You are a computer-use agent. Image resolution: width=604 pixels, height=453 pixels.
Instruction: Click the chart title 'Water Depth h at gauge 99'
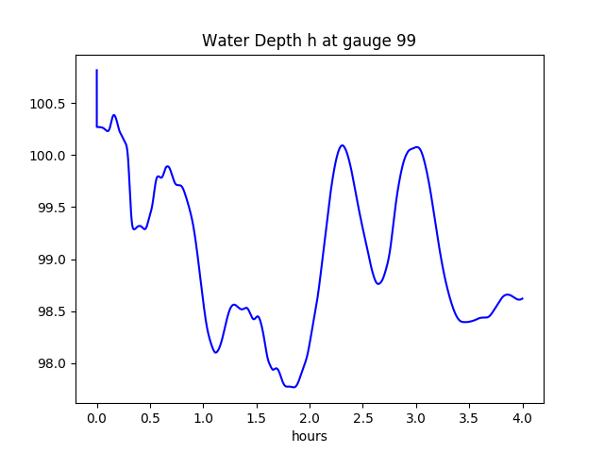coord(309,41)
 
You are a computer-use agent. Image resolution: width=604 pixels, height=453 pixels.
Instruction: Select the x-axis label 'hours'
coord(309,436)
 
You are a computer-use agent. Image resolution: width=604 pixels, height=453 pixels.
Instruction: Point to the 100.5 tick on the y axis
coord(47,103)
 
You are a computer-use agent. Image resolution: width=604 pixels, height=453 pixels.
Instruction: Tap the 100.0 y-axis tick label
coord(47,155)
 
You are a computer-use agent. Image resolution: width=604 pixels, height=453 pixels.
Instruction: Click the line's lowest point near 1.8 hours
coord(294,387)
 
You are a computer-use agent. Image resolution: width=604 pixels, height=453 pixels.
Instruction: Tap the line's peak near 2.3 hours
coord(342,145)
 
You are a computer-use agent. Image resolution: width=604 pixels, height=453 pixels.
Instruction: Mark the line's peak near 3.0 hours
coord(415,147)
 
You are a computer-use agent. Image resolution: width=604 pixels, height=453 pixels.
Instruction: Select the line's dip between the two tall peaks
coord(378,283)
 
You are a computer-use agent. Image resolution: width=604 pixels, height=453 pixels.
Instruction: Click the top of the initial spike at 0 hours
coord(97,70)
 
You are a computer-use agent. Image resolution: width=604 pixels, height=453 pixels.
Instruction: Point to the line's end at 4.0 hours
coord(522,298)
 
